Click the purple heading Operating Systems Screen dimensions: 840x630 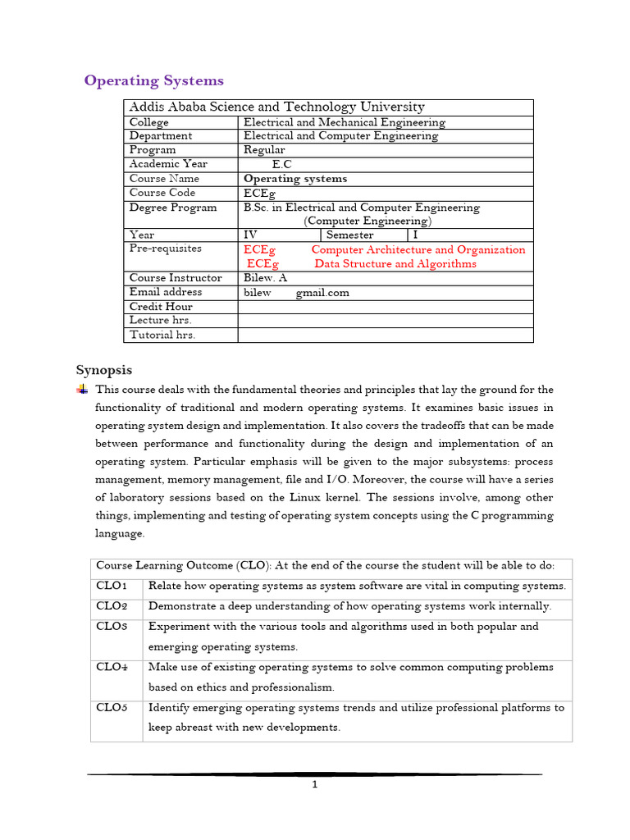point(153,80)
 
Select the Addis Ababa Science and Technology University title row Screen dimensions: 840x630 point(276,107)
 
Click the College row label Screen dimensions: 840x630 point(149,122)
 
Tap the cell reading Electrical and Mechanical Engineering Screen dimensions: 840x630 point(345,122)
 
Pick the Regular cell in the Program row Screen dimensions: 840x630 point(264,150)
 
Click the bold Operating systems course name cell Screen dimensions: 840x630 point(295,178)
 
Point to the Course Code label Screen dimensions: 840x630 point(162,193)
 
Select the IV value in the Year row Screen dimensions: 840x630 point(251,235)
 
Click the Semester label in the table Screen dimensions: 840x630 point(349,235)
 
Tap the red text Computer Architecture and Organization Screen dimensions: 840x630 point(418,249)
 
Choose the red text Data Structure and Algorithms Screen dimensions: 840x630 point(395,264)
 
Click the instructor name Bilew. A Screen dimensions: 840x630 point(265,278)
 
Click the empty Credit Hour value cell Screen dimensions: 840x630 point(385,307)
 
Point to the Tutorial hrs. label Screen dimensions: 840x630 point(162,335)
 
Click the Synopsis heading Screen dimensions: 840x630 point(104,370)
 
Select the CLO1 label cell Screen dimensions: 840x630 point(112,586)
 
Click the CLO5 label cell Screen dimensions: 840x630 point(112,708)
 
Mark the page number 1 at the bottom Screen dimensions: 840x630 point(314,784)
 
